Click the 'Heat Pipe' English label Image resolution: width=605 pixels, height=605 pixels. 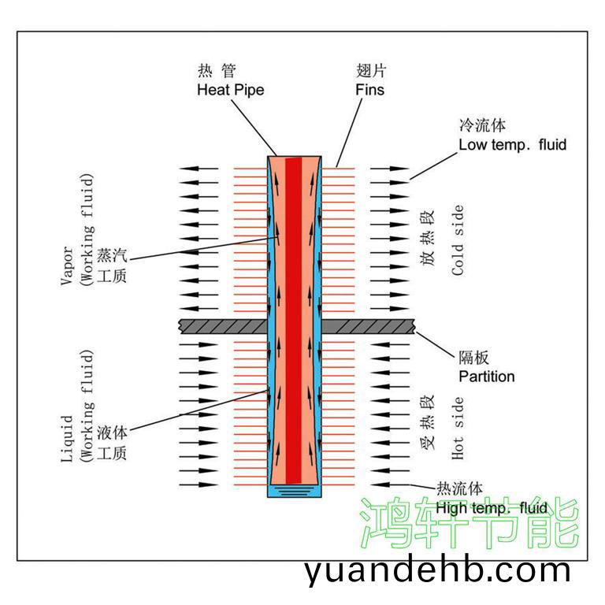coord(230,90)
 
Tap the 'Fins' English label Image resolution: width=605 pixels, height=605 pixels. coord(369,90)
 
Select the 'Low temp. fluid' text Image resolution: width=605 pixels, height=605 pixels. coord(512,145)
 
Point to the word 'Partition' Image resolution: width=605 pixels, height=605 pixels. coord(487,377)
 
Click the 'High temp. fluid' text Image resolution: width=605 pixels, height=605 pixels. coord(492,508)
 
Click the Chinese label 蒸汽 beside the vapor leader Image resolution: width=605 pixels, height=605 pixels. coord(111,256)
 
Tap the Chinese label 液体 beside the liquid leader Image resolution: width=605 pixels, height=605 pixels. coord(111,433)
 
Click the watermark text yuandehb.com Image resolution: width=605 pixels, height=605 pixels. coord(437,570)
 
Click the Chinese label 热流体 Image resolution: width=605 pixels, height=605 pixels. coord(459,489)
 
